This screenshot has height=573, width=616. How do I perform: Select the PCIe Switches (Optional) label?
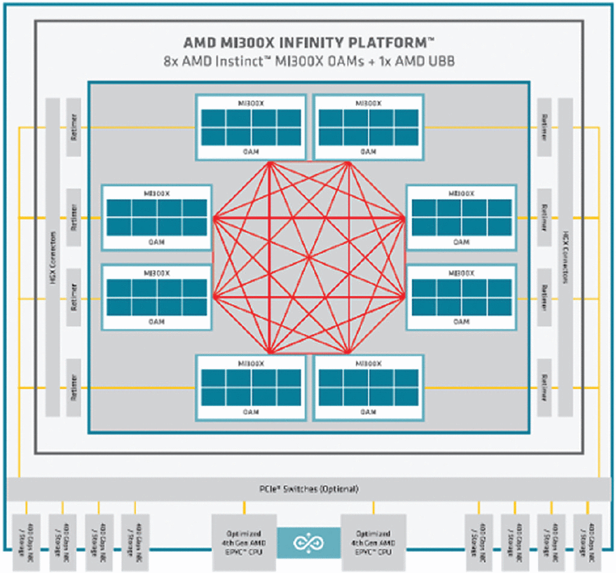[x=308, y=489]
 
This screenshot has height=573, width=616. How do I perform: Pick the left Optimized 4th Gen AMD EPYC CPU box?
[x=244, y=542]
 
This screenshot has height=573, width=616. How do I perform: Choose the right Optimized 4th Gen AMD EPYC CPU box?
[x=373, y=542]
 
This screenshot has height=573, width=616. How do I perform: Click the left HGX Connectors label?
[x=53, y=256]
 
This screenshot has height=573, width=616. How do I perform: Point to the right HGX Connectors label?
[x=565, y=256]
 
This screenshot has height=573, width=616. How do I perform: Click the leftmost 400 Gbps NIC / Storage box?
[x=27, y=541]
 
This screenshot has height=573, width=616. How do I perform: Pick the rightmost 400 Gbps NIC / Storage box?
[x=589, y=541]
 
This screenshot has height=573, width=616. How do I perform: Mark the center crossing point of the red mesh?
[x=308, y=256]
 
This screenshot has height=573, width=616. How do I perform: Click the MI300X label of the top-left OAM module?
[x=251, y=102]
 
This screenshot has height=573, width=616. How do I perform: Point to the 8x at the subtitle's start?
[x=170, y=61]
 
